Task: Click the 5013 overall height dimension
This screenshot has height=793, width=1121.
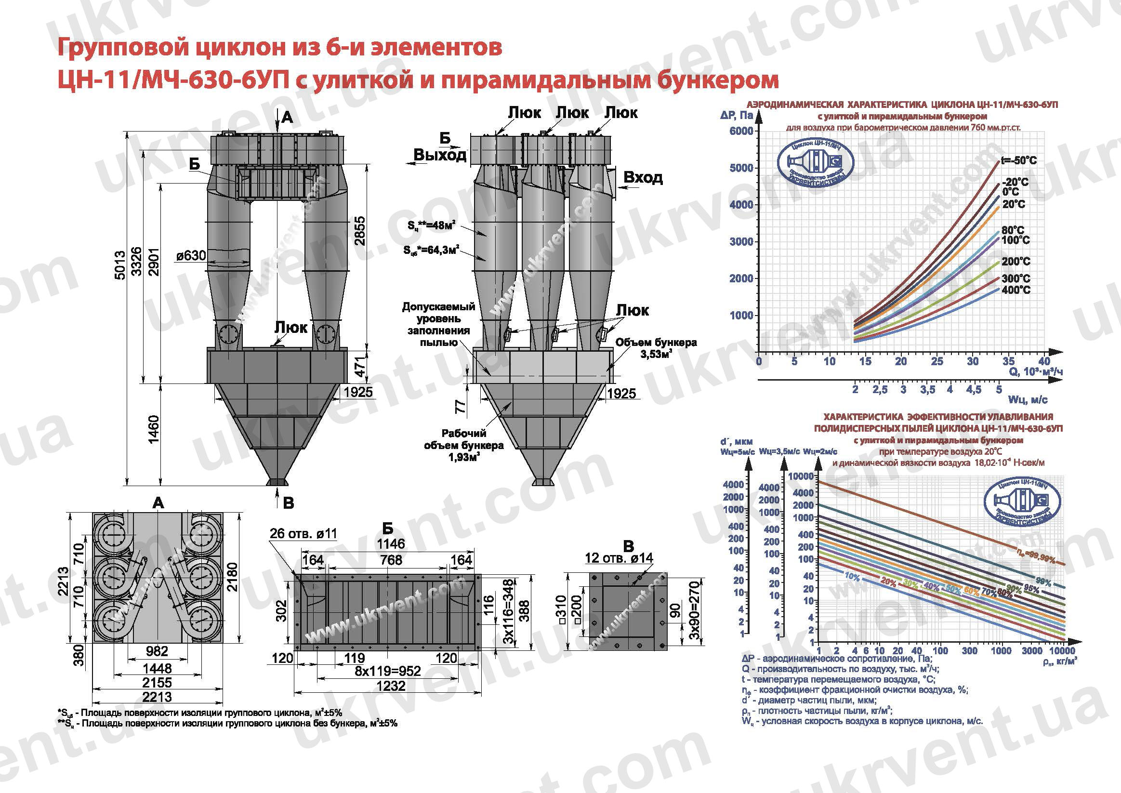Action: click(119, 264)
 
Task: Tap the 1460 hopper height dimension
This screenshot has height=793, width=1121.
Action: click(154, 429)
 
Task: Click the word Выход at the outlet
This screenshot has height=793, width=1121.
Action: click(439, 155)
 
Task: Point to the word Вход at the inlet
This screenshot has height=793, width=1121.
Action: click(643, 177)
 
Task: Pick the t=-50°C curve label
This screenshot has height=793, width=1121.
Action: click(1018, 160)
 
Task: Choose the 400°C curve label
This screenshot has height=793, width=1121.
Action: click(1016, 290)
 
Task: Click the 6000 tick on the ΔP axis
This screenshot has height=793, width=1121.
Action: click(741, 131)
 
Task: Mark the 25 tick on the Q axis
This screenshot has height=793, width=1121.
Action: click(937, 361)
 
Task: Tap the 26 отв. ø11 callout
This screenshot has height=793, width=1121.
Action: click(303, 533)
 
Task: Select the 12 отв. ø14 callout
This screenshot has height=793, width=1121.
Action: click(619, 557)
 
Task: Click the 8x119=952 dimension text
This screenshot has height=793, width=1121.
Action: click(388, 671)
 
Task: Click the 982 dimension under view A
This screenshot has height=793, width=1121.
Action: click(157, 651)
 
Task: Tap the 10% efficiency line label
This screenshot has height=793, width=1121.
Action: click(852, 577)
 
